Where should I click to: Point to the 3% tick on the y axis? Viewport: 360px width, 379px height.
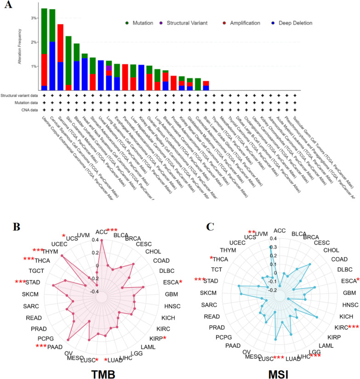tap(34, 18)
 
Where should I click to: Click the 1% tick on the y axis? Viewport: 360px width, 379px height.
tap(34, 66)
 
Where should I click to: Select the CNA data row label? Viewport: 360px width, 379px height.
tap(27, 109)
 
